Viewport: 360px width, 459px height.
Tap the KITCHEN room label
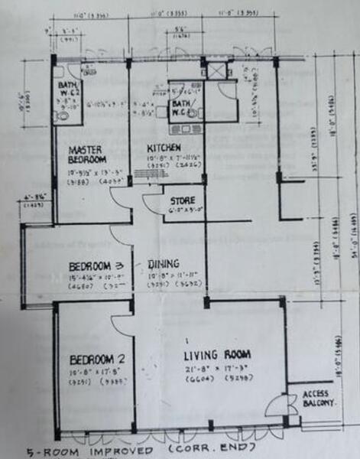pos(164,146)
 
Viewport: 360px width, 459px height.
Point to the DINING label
pos(164,261)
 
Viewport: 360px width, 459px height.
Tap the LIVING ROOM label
pos(217,354)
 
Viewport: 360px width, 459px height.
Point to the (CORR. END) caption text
pos(225,449)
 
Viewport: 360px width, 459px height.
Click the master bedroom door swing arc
pos(122,199)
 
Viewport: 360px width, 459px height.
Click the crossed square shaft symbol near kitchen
pos(217,72)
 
